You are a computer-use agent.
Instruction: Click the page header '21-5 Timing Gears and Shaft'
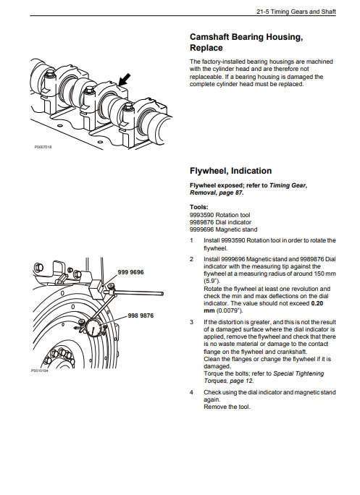296,12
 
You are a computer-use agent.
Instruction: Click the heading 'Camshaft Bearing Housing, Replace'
246,42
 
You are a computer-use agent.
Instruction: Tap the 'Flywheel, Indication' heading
231,171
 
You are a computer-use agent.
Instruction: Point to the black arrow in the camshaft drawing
124,80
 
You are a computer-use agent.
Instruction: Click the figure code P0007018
43,147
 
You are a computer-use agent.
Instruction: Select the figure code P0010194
40,371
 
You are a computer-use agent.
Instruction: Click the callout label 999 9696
130,272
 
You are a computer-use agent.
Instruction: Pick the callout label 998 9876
141,316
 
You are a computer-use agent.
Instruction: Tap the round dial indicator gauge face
93,329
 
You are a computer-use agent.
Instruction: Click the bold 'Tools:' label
198,207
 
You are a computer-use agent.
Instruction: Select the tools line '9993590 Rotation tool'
219,215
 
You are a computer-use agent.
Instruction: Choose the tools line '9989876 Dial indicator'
220,222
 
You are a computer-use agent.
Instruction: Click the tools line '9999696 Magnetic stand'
223,229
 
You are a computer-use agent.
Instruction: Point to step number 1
191,240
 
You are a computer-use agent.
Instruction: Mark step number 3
191,322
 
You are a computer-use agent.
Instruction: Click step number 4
191,392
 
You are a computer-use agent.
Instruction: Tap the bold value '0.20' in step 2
317,303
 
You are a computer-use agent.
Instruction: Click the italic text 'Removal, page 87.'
217,192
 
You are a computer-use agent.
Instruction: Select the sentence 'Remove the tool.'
227,407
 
